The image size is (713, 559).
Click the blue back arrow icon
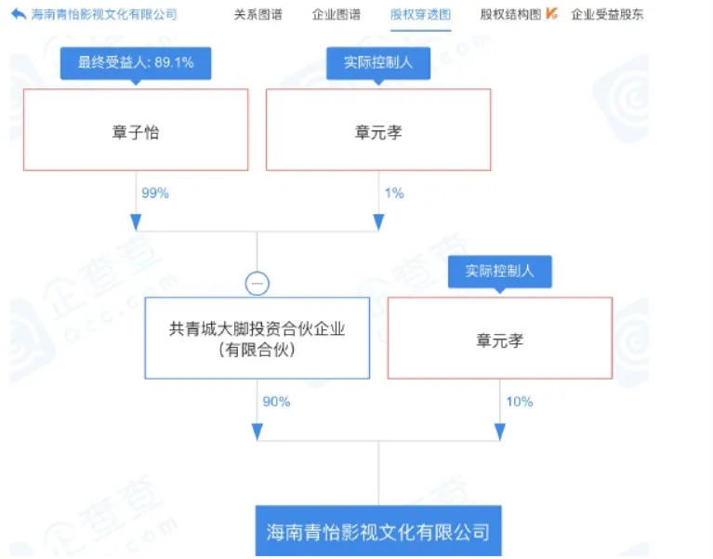(19, 15)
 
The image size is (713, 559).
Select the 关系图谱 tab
(257, 15)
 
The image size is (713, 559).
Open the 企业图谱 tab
(336, 15)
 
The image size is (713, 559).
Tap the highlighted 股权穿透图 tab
(420, 15)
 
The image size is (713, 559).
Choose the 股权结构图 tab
(510, 15)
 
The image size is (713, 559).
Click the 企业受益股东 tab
(607, 15)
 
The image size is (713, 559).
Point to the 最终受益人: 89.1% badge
(136, 63)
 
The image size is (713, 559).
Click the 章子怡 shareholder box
(136, 129)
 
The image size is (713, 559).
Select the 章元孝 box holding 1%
(378, 129)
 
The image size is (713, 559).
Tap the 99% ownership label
(155, 193)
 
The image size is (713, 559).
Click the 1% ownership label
(394, 193)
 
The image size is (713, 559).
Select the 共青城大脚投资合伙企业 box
(257, 338)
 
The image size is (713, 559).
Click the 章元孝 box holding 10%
(500, 338)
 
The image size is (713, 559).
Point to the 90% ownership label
(276, 402)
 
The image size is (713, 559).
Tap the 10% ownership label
(520, 402)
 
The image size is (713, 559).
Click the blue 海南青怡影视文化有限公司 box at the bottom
(378, 531)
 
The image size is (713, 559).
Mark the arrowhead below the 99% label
(136, 222)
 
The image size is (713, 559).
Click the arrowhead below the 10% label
(500, 432)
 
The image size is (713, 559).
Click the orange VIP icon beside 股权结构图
(551, 14)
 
